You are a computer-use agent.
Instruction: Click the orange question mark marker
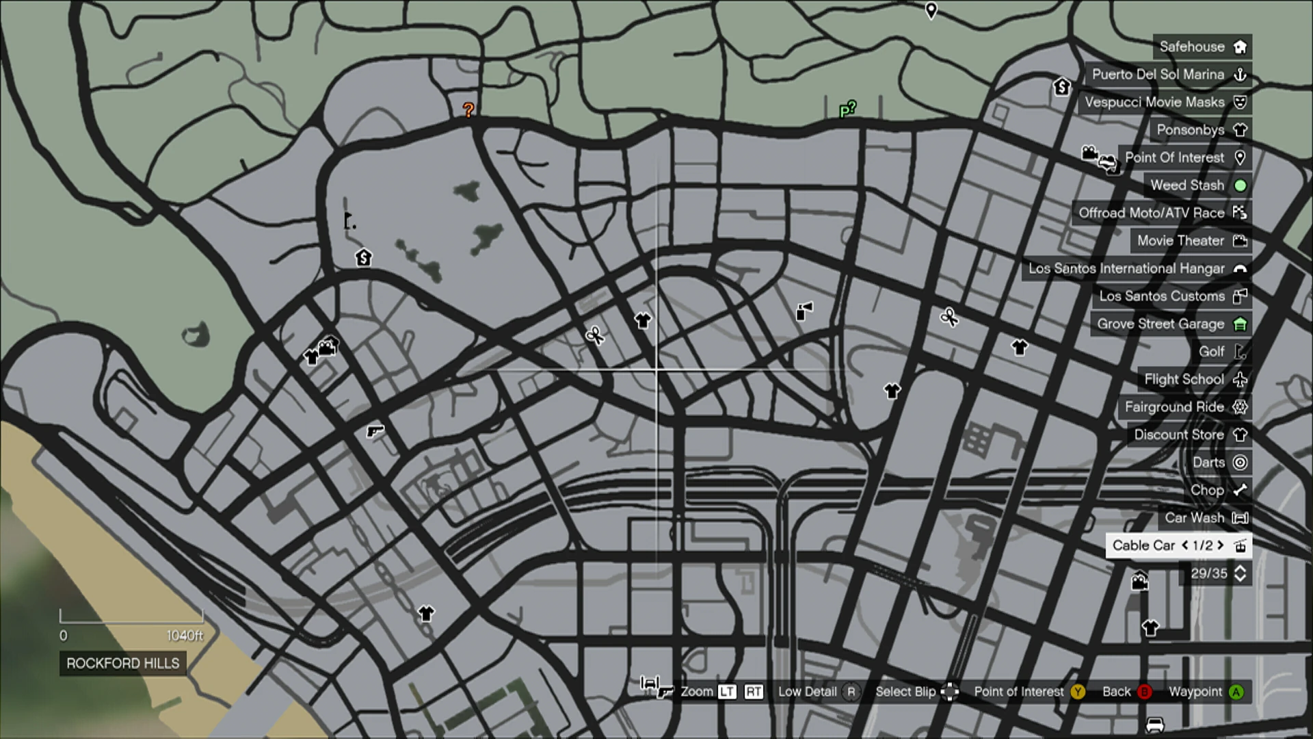[x=468, y=109]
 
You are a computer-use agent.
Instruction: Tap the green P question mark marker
[x=847, y=109]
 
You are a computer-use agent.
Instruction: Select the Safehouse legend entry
[x=1202, y=47]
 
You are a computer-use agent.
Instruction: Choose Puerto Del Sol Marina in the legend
[x=1168, y=75]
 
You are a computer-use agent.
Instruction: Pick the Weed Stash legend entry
[x=1197, y=185]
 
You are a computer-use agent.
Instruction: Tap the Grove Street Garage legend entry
[x=1171, y=324]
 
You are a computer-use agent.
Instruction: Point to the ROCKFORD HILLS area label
[x=123, y=663]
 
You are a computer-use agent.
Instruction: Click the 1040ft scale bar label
[x=185, y=636]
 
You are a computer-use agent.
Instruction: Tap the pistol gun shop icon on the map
[x=375, y=431]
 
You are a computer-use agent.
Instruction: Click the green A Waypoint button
[x=1236, y=692]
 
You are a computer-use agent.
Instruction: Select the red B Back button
[x=1144, y=692]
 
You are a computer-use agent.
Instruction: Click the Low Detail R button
[x=851, y=692]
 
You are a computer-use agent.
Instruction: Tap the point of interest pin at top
[x=931, y=10]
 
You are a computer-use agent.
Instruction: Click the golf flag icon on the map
[x=349, y=221]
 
